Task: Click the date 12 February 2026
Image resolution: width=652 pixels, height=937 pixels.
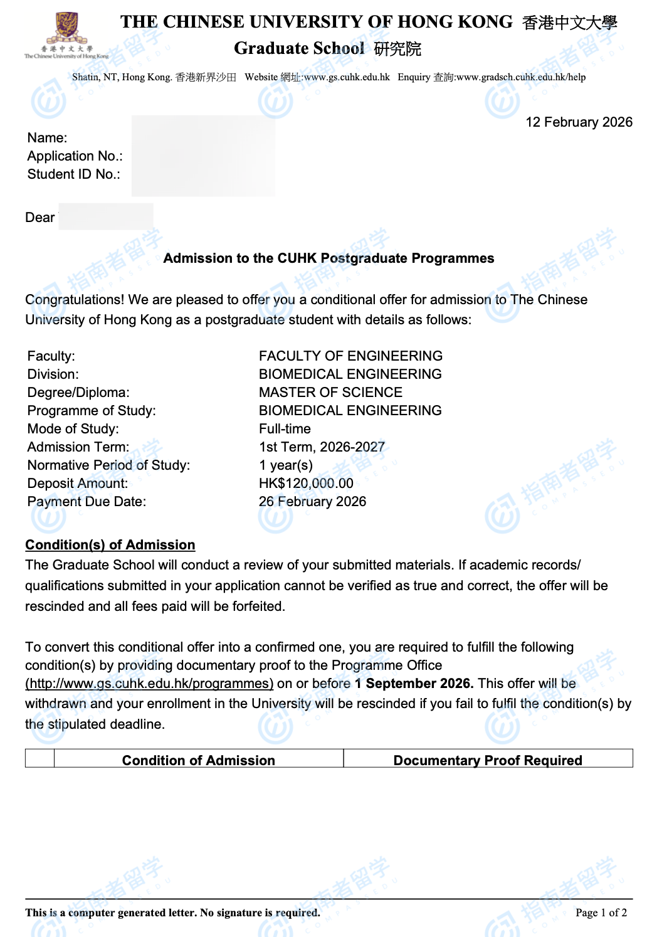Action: pyautogui.click(x=579, y=122)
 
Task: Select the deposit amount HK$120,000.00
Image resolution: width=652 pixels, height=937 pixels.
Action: pyautogui.click(x=306, y=484)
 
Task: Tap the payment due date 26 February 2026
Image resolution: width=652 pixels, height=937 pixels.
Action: pyautogui.click(x=312, y=502)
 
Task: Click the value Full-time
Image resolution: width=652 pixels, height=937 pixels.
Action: pyautogui.click(x=285, y=429)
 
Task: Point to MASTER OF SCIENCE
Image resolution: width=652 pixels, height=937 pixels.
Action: pyautogui.click(x=330, y=393)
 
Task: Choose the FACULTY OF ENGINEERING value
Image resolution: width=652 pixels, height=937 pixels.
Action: pyautogui.click(x=350, y=356)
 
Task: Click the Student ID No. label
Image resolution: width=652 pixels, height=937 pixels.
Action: pyautogui.click(x=74, y=174)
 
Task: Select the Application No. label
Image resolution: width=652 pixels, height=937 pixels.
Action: pyautogui.click(x=75, y=156)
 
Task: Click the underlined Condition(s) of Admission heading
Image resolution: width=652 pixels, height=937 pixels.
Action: pyautogui.click(x=110, y=545)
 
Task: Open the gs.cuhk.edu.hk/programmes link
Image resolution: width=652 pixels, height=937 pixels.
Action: pyautogui.click(x=149, y=684)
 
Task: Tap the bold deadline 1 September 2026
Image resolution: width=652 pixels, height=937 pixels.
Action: pyautogui.click(x=414, y=684)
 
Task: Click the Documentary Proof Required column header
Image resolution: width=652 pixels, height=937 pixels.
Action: pyautogui.click(x=488, y=760)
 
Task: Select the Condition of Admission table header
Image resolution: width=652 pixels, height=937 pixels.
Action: pyautogui.click(x=198, y=760)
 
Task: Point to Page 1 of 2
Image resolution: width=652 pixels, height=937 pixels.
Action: pyautogui.click(x=601, y=913)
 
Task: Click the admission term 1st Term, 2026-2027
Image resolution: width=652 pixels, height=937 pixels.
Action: pyautogui.click(x=322, y=447)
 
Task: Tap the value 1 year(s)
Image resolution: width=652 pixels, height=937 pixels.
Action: pyautogui.click(x=286, y=465)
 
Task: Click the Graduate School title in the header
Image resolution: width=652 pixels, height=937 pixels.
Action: pyautogui.click(x=299, y=48)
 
